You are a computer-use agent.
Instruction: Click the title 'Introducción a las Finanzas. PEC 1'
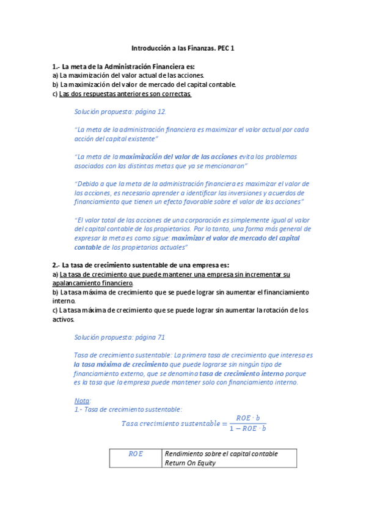click(x=183, y=47)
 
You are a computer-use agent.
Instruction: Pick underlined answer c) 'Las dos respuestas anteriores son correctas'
click(x=125, y=94)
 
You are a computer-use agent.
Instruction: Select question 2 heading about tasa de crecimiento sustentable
click(x=141, y=265)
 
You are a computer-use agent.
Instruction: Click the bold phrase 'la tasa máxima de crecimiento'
click(x=117, y=364)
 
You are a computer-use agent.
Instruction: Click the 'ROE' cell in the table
click(x=136, y=454)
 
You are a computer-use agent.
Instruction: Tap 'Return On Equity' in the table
click(x=191, y=463)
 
